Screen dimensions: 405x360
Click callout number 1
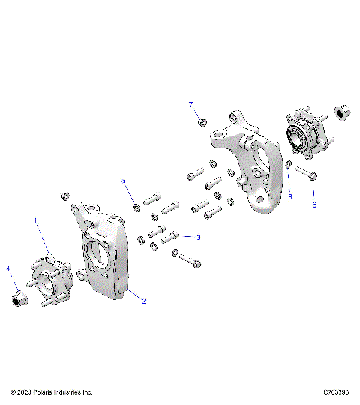(x=35, y=220)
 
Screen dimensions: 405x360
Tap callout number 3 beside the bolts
(x=199, y=237)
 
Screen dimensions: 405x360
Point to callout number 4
(x=8, y=268)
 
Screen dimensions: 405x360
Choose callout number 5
(x=124, y=181)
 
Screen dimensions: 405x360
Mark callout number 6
(x=314, y=204)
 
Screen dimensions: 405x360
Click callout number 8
(x=289, y=197)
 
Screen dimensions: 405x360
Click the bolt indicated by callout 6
(x=304, y=174)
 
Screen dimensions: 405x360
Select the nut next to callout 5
(x=135, y=208)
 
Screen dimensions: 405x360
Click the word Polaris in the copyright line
(x=48, y=392)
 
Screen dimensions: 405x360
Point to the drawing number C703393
(x=338, y=392)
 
